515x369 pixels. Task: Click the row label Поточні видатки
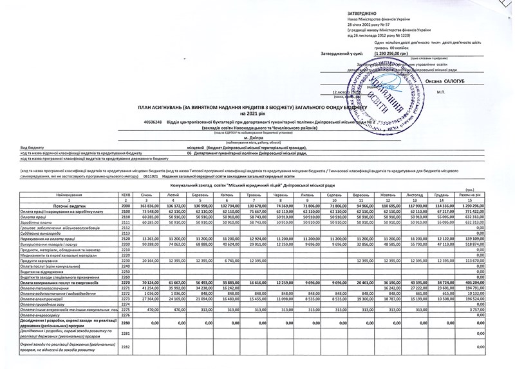coord(64,205)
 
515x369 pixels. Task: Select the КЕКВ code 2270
coord(126,283)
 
